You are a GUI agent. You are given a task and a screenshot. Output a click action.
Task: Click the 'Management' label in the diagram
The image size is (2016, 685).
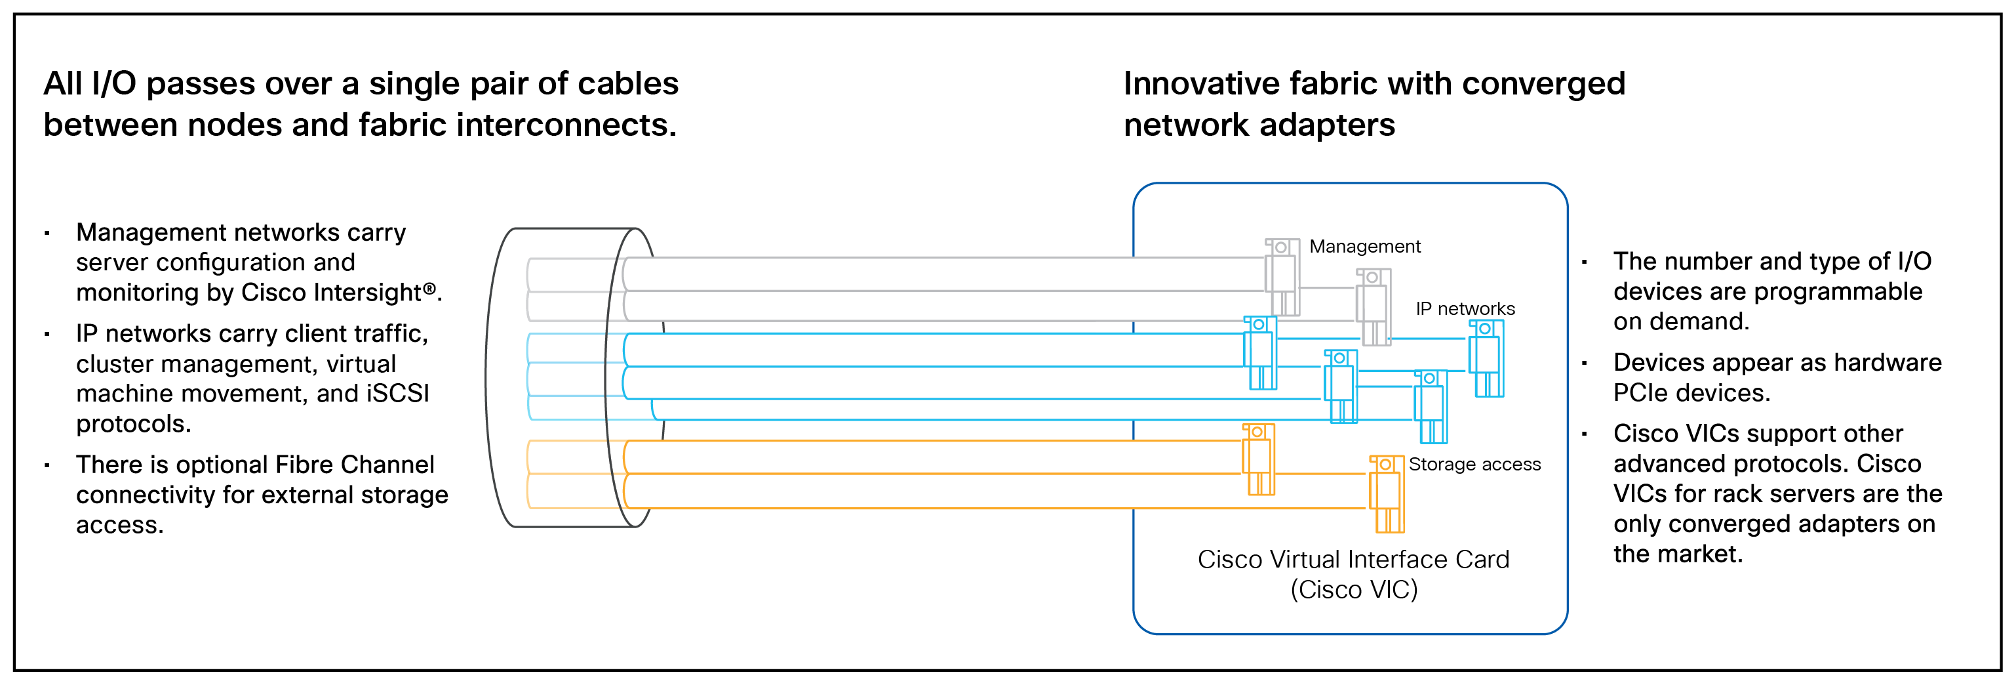pos(1364,247)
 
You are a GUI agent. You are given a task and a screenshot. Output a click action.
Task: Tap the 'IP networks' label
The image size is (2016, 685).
pos(1465,308)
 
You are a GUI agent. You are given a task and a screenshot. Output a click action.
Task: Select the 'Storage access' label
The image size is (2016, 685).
pos(1474,465)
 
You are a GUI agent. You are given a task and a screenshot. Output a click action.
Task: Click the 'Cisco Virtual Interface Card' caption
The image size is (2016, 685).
pos(1353,559)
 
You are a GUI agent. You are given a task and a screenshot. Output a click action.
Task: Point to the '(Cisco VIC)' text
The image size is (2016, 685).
pos(1354,589)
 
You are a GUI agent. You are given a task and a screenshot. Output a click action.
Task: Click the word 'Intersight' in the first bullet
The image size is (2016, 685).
pos(368,293)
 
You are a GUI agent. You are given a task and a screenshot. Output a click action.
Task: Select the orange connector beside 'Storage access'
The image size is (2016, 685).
pos(1386,493)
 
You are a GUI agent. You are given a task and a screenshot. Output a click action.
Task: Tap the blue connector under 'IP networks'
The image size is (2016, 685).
pos(1486,358)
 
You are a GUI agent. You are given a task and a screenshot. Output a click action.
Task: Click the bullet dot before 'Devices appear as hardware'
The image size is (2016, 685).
pos(1584,362)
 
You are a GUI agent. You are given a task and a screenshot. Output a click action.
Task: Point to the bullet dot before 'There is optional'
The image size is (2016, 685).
pos(47,465)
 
